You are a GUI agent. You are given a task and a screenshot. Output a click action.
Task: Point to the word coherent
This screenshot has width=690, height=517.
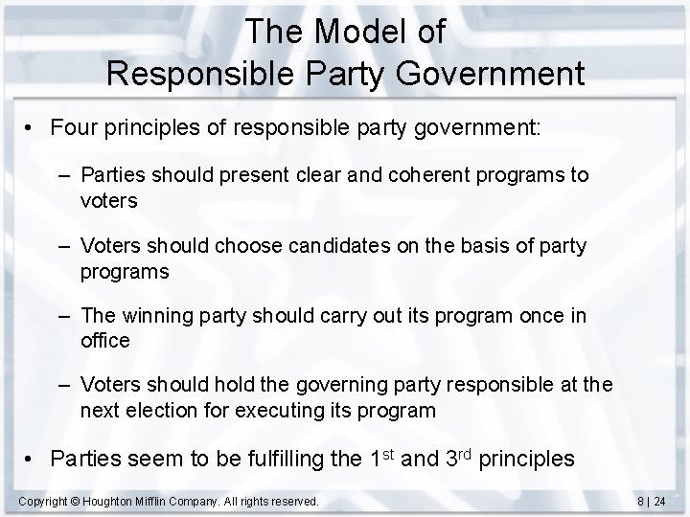pyautogui.click(x=416, y=176)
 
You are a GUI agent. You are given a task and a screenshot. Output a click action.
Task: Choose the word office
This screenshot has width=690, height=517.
pyautogui.click(x=105, y=340)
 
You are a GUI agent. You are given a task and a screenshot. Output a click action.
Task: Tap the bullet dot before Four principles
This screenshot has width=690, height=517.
pyautogui.click(x=34, y=129)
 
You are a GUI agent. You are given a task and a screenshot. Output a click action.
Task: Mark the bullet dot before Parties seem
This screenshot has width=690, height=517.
pyautogui.click(x=34, y=459)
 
